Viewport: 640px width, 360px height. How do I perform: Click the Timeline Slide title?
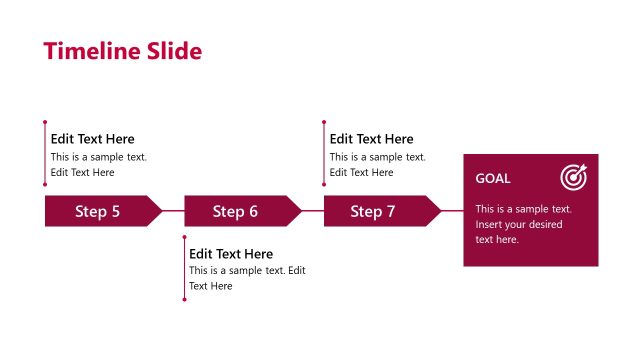point(122,51)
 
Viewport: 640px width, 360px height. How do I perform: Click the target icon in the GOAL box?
point(573,177)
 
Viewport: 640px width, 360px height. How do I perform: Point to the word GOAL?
point(492,179)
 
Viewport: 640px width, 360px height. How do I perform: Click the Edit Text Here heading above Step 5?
point(92,139)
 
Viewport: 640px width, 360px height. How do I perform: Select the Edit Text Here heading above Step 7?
point(371,139)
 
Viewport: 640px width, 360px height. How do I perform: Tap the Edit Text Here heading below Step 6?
point(231,254)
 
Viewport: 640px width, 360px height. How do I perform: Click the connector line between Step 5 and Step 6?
point(174,211)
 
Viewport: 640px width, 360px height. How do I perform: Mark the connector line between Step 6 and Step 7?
point(313,211)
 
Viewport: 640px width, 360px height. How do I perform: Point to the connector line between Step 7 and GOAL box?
point(452,211)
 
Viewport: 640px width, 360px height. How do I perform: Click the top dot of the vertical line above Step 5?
point(45,123)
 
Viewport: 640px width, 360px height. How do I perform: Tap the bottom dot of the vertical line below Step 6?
point(184,298)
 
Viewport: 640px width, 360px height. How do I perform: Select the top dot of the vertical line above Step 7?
point(324,123)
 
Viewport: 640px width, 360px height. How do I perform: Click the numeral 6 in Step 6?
point(253,211)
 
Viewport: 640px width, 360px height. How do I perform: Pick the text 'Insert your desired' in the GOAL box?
point(518,224)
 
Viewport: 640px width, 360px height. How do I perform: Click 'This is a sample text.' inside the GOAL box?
point(523,209)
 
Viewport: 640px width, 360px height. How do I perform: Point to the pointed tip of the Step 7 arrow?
point(440,211)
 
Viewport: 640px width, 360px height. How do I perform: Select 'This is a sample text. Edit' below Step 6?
point(247,271)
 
